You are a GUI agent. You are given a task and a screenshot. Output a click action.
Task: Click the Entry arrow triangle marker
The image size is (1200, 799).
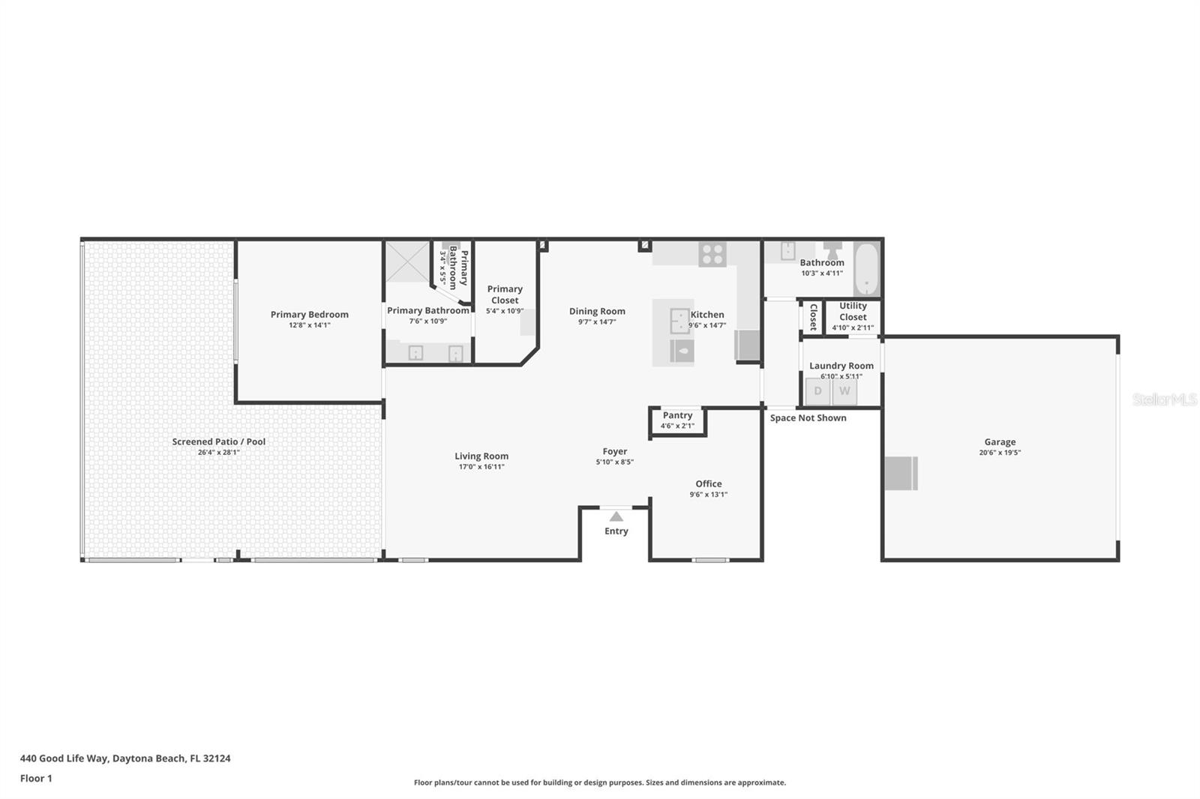coord(616,516)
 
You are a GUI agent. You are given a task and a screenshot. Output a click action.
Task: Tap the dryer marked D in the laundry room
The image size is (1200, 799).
coord(818,391)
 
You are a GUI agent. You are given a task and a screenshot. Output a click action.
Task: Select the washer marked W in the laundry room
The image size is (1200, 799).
coord(844,391)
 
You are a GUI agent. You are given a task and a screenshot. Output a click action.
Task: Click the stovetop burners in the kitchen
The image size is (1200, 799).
coord(712,254)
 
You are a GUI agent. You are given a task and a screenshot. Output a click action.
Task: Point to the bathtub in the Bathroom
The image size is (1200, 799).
coord(867,269)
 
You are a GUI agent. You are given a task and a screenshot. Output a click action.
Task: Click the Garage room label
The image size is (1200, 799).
coord(1000,441)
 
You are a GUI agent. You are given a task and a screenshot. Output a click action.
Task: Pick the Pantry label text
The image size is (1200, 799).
coord(678,415)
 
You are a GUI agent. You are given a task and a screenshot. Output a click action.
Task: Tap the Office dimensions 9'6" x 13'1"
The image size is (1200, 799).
coord(708,494)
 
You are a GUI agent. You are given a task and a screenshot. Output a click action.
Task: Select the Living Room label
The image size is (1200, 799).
coord(481,456)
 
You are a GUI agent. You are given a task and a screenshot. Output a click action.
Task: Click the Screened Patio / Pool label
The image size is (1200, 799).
coord(218,441)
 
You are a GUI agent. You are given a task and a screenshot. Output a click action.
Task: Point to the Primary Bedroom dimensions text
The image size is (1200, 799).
coord(310,325)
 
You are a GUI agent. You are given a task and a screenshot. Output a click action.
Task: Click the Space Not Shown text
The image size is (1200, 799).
coord(808,417)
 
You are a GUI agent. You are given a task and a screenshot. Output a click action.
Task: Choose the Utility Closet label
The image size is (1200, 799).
coord(853,311)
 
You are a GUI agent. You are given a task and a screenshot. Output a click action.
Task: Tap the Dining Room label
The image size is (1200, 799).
coord(597,311)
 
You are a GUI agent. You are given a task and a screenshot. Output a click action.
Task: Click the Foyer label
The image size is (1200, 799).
coord(614,451)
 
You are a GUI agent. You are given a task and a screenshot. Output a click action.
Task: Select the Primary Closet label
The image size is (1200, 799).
coord(505,295)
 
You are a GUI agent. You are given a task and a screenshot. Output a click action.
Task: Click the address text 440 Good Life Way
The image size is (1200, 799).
coord(64,759)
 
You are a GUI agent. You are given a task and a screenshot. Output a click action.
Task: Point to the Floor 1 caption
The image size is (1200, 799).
coord(36,778)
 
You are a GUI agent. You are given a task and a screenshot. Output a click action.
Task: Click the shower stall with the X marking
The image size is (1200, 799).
coord(408,262)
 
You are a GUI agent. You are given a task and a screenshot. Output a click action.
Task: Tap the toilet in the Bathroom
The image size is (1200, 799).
coord(832,250)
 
